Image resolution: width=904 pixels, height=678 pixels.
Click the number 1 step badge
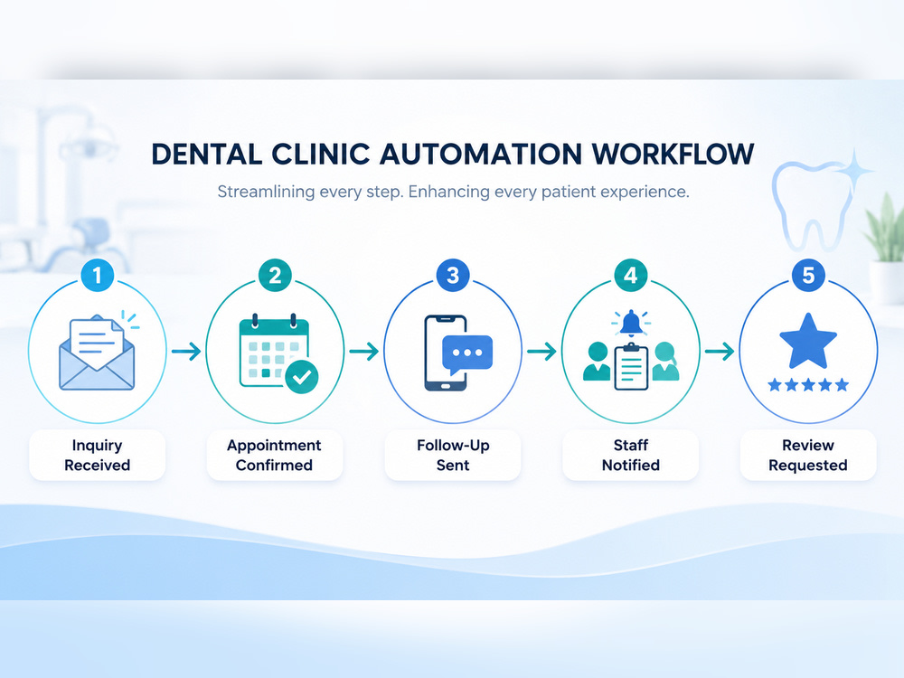(98, 275)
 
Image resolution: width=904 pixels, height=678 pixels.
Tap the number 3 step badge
(453, 275)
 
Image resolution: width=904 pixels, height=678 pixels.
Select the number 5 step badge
(808, 275)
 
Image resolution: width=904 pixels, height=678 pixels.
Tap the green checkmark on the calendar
(302, 377)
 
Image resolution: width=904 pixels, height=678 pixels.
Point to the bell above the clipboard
(631, 324)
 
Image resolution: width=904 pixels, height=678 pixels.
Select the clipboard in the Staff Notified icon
(631, 367)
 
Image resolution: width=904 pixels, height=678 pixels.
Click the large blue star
(808, 342)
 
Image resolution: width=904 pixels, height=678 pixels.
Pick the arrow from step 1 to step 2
(186, 351)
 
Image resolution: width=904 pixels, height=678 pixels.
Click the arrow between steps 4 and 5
(720, 351)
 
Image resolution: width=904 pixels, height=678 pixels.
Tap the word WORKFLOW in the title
(673, 155)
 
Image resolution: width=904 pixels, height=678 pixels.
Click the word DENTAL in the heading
(206, 155)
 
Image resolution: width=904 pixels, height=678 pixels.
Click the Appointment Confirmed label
(275, 455)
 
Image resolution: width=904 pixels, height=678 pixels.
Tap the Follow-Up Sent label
(453, 455)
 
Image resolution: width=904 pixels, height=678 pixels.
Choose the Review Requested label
(808, 455)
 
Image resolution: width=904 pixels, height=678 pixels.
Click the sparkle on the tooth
(854, 170)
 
